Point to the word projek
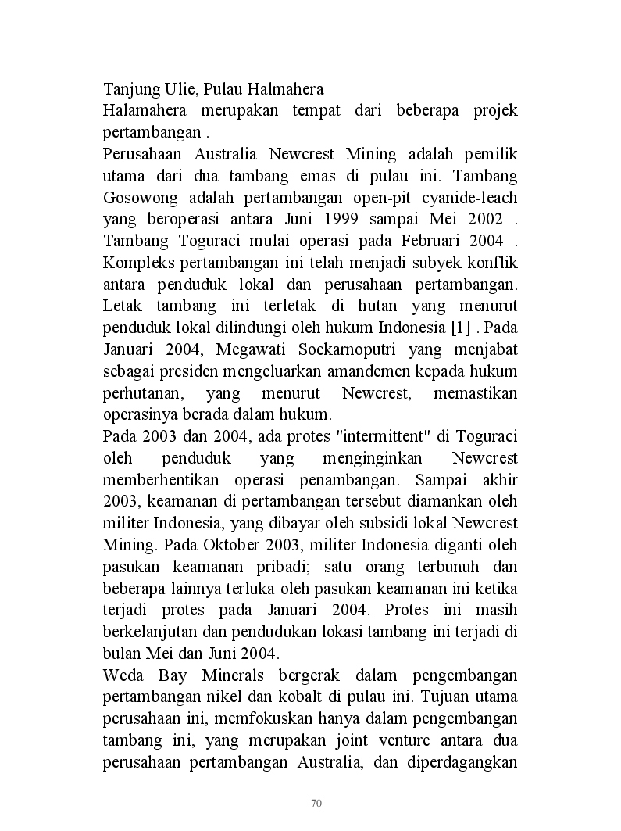(x=495, y=110)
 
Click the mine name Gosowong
(x=137, y=197)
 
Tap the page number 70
(x=316, y=803)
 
